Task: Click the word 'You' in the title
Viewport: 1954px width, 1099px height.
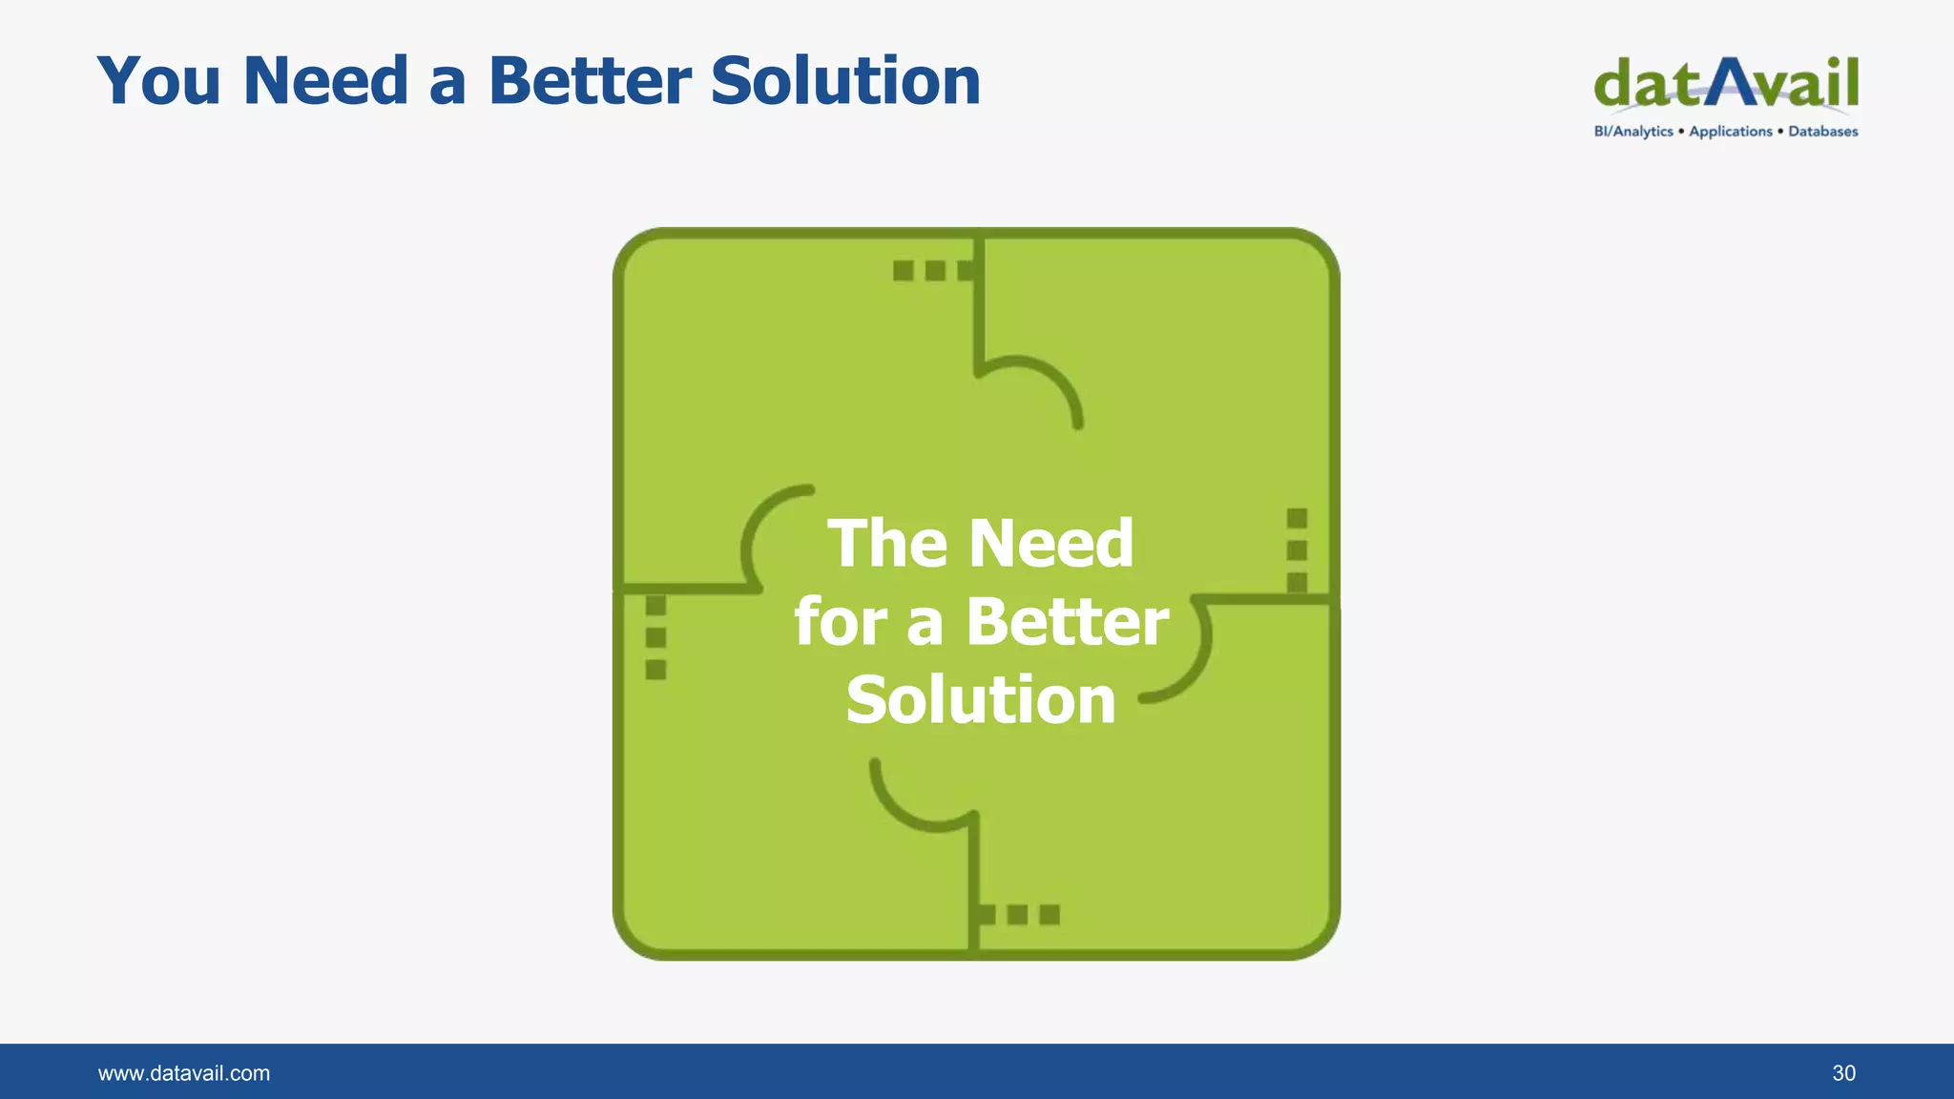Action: [x=159, y=81]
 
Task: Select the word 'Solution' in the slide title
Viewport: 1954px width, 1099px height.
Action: [x=845, y=81]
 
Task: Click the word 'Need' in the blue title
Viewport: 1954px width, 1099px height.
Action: [x=326, y=81]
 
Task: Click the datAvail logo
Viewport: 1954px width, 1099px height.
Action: [x=1726, y=84]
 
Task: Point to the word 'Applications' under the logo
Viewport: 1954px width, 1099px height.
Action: [x=1730, y=132]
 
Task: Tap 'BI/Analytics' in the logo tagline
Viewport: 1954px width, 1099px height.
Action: [x=1632, y=132]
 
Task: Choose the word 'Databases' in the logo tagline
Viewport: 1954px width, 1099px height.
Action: [x=1822, y=132]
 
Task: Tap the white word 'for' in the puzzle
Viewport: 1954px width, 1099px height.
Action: [x=840, y=622]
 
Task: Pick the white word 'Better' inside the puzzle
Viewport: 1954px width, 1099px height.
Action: [x=1067, y=622]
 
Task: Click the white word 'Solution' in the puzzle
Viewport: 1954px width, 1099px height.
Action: [x=981, y=700]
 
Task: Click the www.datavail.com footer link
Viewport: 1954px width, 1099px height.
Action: [x=184, y=1073]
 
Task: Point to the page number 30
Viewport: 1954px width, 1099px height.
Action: [x=1843, y=1073]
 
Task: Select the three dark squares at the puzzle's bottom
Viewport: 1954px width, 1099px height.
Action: [x=1018, y=915]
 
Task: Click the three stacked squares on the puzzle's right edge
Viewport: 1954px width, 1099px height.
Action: [x=1297, y=550]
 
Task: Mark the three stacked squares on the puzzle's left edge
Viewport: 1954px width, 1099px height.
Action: [x=655, y=637]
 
